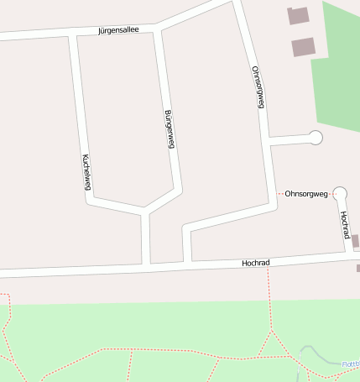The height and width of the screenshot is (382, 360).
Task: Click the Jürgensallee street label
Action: (117, 30)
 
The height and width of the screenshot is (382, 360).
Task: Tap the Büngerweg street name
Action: (169, 129)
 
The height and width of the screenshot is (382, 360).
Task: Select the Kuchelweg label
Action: (86, 170)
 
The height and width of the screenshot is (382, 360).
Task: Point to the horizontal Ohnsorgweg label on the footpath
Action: (306, 194)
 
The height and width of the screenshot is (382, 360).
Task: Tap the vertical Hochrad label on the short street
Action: (344, 224)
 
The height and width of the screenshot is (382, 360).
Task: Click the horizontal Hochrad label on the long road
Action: (255, 263)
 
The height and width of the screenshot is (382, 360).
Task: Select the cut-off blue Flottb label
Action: (350, 364)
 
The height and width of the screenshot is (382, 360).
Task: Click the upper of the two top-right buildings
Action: (298, 15)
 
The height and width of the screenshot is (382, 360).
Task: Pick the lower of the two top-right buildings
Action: (303, 47)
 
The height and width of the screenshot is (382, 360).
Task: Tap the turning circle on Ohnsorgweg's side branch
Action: (316, 138)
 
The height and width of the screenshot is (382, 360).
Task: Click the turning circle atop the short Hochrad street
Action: (340, 193)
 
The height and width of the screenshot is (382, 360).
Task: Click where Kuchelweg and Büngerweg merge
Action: (145, 211)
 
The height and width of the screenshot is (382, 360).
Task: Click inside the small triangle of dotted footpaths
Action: (271, 347)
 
